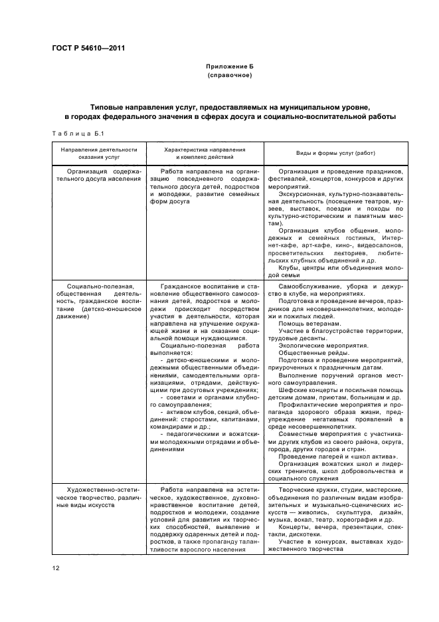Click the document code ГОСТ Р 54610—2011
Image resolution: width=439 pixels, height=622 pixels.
click(x=88, y=47)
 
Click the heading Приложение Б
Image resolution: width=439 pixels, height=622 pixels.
click(x=230, y=67)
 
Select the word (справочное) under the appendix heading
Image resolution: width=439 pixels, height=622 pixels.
click(x=230, y=76)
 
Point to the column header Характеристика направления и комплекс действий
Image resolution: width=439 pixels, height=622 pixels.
click(x=205, y=154)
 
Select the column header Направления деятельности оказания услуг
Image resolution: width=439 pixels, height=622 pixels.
click(x=99, y=154)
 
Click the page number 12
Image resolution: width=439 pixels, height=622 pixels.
click(x=55, y=567)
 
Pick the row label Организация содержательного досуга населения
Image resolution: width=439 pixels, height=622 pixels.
click(x=99, y=175)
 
